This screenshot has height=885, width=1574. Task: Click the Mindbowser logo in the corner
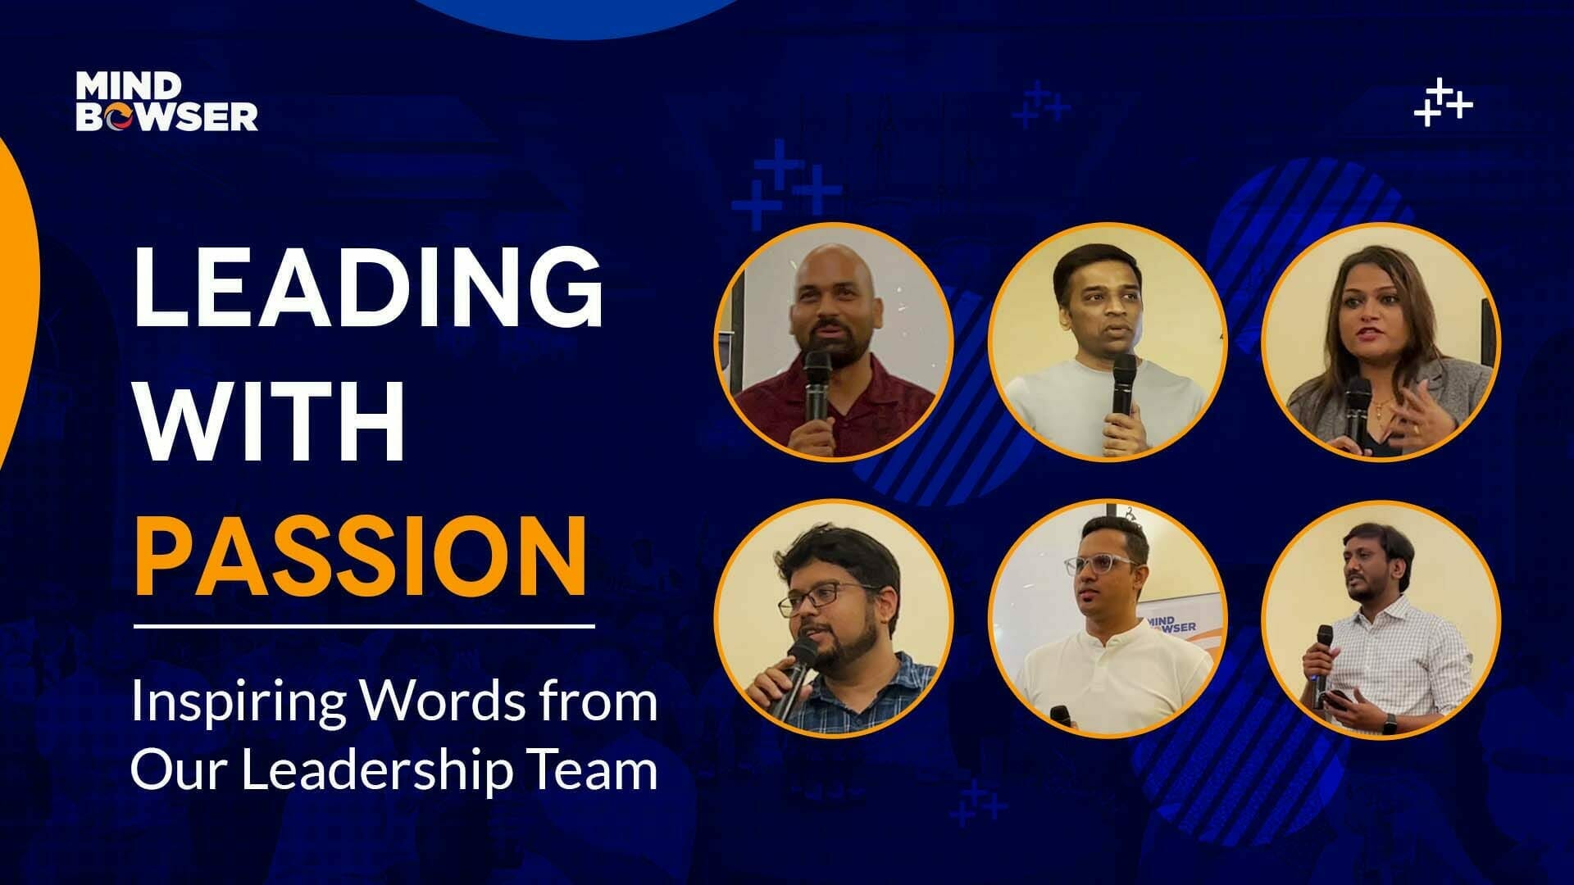[x=166, y=102]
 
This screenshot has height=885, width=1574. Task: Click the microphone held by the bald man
[x=817, y=385]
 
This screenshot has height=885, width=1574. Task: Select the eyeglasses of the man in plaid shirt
[x=820, y=598]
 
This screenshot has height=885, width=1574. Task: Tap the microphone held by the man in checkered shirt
[x=1323, y=656]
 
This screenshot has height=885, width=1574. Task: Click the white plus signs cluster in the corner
[x=1443, y=103]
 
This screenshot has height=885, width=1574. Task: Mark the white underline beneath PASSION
[x=364, y=627]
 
